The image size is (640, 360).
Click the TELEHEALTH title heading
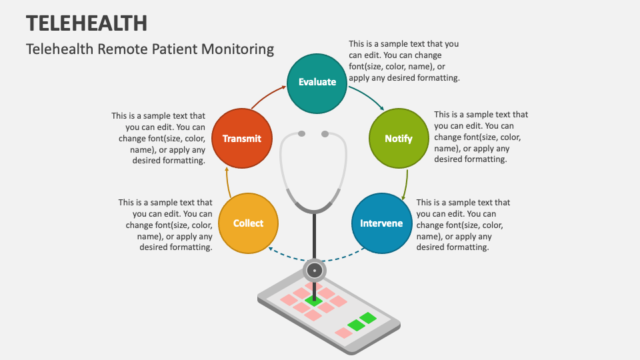(x=87, y=22)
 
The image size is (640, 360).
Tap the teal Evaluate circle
(x=317, y=82)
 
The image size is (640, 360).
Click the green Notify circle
(x=399, y=139)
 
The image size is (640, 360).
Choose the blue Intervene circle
(x=381, y=223)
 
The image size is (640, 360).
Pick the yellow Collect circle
(x=248, y=223)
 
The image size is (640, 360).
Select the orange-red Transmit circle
(x=241, y=139)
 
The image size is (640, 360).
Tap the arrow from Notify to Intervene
(x=405, y=183)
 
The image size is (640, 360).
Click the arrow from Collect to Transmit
(x=227, y=180)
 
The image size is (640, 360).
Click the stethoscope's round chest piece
(x=314, y=271)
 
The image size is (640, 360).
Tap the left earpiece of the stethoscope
(x=301, y=134)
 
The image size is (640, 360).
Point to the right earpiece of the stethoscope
(x=325, y=134)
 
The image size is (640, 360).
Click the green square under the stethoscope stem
(x=313, y=301)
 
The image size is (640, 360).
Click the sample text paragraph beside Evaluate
(x=404, y=61)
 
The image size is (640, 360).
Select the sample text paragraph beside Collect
(x=167, y=225)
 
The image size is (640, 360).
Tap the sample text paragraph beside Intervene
(x=463, y=225)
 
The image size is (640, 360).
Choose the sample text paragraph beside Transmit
(x=159, y=138)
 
